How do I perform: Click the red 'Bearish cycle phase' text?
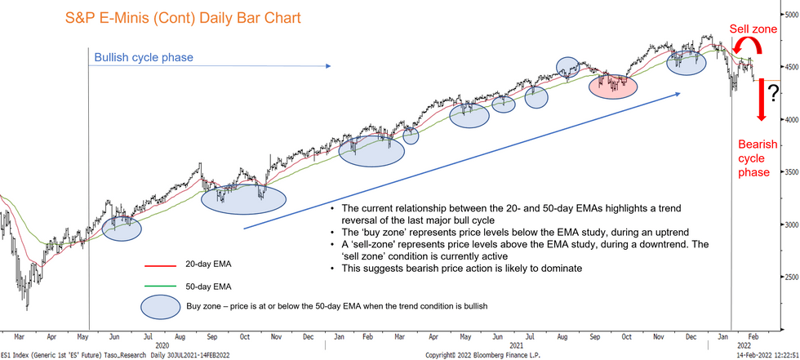753,158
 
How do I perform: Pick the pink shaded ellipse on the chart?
613,83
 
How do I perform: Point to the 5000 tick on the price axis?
789,16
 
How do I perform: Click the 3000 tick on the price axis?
789,224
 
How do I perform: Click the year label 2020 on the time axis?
161,345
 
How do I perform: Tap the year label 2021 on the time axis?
515,345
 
